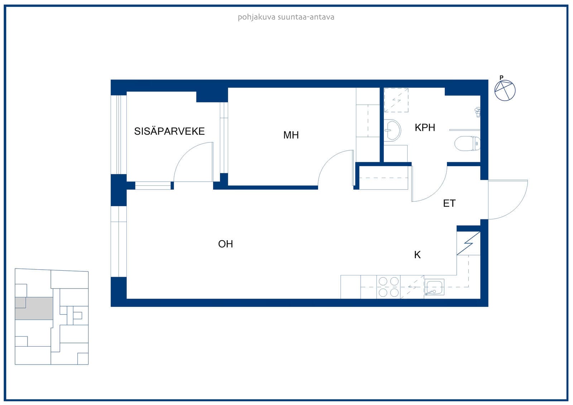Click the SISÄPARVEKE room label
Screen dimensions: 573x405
click(x=169, y=131)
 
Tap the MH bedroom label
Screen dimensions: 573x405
click(x=291, y=135)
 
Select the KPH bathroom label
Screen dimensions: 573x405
click(x=425, y=127)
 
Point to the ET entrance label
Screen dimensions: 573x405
click(x=449, y=203)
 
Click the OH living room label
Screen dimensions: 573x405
click(x=225, y=244)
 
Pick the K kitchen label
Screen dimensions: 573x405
click(x=418, y=255)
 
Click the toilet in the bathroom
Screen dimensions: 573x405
click(x=467, y=144)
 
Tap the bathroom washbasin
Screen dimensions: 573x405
click(x=393, y=130)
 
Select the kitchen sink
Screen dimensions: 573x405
click(x=434, y=287)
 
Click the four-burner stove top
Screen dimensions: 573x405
click(x=388, y=287)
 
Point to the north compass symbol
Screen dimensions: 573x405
click(x=505, y=90)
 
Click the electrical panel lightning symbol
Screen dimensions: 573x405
click(x=468, y=243)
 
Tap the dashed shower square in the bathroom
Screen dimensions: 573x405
click(x=396, y=100)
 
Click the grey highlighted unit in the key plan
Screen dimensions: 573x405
click(x=34, y=308)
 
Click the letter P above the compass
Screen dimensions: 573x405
click(x=501, y=77)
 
